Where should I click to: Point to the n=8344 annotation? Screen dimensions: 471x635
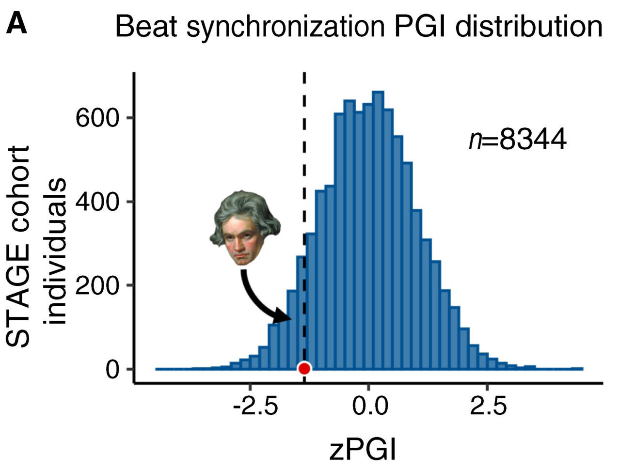point(517,141)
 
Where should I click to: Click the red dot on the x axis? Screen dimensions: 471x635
point(304,369)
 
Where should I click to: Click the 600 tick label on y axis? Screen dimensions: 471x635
point(97,118)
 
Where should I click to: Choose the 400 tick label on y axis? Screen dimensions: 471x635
point(97,202)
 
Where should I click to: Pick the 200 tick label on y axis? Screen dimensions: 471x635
point(97,285)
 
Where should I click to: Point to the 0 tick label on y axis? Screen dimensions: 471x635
point(112,369)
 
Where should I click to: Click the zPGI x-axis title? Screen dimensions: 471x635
point(363,449)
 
